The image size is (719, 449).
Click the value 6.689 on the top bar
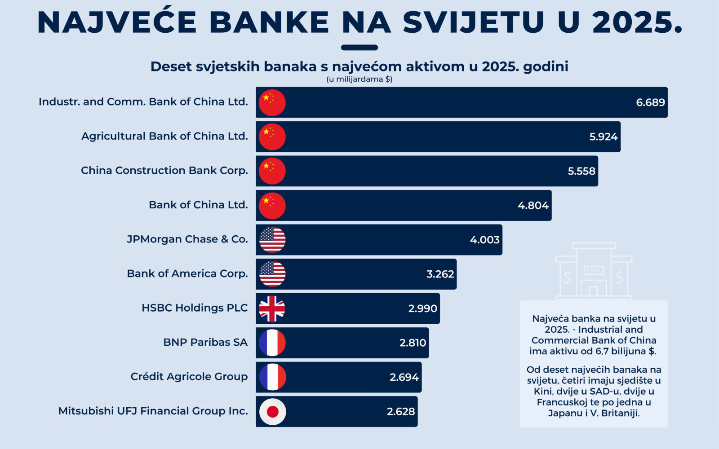[650, 102]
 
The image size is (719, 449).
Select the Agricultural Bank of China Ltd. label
[164, 136]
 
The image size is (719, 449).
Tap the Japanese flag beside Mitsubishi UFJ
[272, 411]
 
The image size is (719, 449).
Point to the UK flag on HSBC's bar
[272, 308]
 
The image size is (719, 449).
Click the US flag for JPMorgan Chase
[272, 240]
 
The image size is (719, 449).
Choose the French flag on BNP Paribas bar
[272, 343]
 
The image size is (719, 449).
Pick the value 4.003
[484, 240]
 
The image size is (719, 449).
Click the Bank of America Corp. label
[187, 273]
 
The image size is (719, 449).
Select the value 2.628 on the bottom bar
[400, 411]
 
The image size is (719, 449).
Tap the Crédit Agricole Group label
[189, 376]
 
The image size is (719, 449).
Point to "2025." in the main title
[637, 22]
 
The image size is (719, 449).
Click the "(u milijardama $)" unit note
[359, 79]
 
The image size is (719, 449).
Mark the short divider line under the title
[359, 48]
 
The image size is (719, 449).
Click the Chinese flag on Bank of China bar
[272, 206]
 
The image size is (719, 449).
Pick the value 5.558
[581, 171]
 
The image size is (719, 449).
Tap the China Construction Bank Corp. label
[164, 171]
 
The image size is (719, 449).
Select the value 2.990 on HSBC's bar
[422, 308]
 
